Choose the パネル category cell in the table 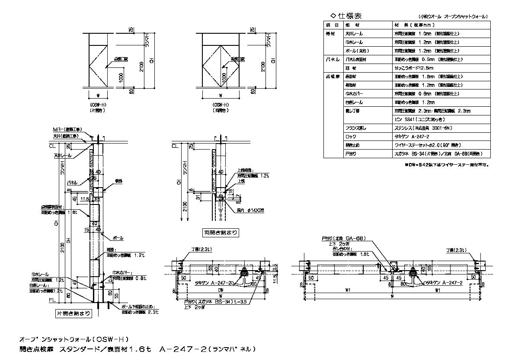click(333, 60)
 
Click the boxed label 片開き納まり click(73, 313)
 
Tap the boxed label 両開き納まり click(221, 233)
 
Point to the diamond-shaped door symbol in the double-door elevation click(221, 66)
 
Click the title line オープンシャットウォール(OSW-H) click(74, 339)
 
